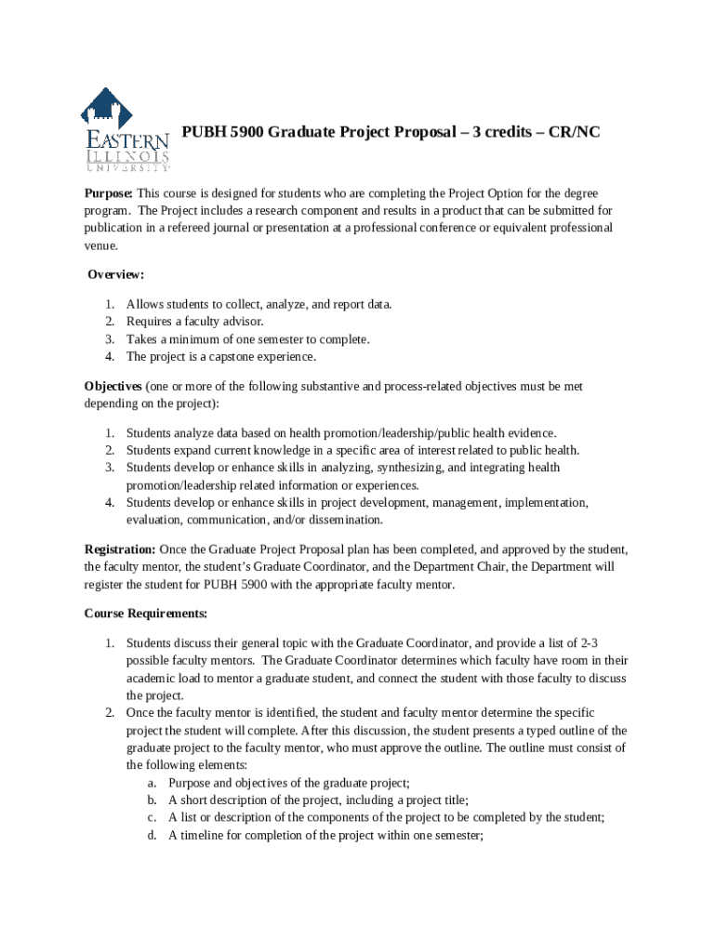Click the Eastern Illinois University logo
pyautogui.click(x=125, y=130)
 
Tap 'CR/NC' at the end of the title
pyautogui.click(x=575, y=132)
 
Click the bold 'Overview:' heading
pyautogui.click(x=116, y=274)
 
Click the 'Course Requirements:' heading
pyautogui.click(x=146, y=614)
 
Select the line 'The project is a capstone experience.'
pyautogui.click(x=221, y=357)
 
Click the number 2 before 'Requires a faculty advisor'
pyautogui.click(x=109, y=322)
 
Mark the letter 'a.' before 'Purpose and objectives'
pyautogui.click(x=151, y=783)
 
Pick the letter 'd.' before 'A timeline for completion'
pyautogui.click(x=151, y=835)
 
